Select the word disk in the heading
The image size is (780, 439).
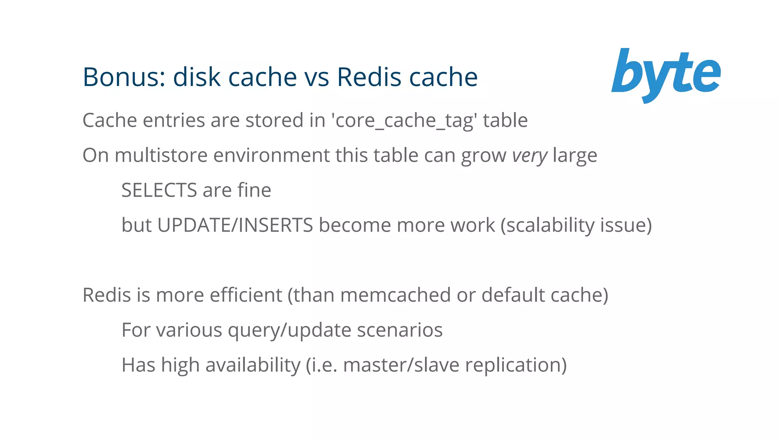pos(197,77)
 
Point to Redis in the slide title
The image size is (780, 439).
pos(369,77)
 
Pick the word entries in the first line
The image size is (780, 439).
pos(174,120)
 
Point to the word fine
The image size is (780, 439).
pos(254,190)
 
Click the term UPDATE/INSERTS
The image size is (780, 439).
pos(235,225)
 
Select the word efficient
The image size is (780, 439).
pos(246,295)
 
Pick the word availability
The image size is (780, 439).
pos(253,365)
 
